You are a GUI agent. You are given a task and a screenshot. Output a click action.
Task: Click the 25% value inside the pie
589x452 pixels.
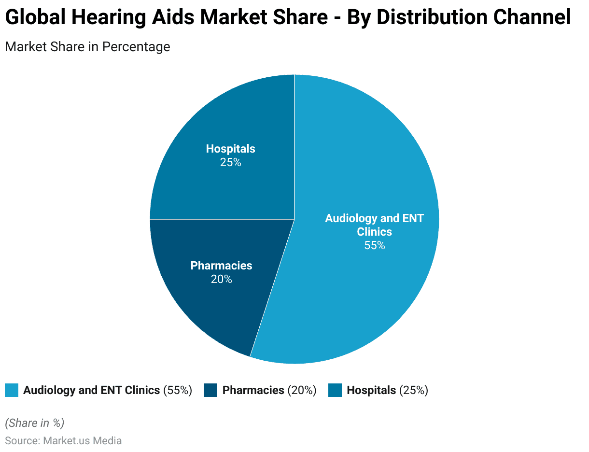(x=230, y=163)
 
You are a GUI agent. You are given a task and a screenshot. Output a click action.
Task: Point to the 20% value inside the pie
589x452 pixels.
(x=221, y=279)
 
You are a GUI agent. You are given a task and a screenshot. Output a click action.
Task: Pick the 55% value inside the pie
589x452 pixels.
(x=375, y=245)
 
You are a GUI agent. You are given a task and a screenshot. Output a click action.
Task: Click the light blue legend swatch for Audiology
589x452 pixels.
(x=12, y=390)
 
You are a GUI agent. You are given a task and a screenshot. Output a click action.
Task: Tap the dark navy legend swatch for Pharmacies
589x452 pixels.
(x=210, y=390)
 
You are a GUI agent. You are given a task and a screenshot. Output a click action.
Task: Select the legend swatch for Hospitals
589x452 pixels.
(x=335, y=390)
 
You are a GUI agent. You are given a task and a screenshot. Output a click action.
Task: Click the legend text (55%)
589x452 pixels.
(x=178, y=390)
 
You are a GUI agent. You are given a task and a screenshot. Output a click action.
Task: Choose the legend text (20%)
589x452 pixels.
(x=302, y=390)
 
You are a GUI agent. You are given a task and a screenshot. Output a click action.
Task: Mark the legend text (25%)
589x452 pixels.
(x=413, y=390)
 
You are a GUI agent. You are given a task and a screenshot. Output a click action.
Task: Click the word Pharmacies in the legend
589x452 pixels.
(x=253, y=390)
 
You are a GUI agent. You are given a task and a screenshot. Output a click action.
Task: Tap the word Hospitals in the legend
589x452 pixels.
(x=371, y=390)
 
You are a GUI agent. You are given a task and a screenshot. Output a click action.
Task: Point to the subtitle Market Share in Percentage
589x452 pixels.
(x=87, y=47)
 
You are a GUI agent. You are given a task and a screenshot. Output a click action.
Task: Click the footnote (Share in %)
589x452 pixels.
(x=34, y=423)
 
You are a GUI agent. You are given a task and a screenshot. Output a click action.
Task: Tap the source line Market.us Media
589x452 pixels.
(x=63, y=440)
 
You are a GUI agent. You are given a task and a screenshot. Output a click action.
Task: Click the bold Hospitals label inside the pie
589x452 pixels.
(x=230, y=149)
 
